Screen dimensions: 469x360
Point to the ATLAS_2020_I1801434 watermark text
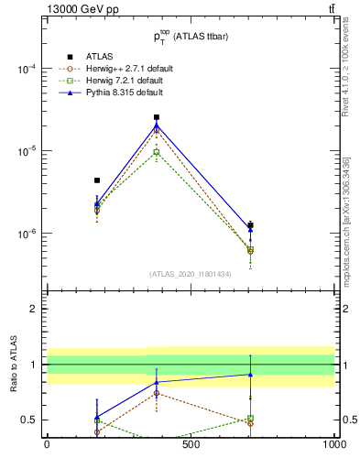point(190,273)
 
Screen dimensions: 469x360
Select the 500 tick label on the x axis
point(191,445)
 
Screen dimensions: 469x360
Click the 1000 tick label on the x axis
point(333,445)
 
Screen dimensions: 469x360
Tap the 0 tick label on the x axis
point(47,445)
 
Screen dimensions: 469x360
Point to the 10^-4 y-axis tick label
point(27,70)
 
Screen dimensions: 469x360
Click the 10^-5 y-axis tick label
point(27,151)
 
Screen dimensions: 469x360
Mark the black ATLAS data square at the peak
point(157,117)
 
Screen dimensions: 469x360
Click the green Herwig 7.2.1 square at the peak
point(157,152)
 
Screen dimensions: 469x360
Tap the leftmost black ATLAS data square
point(97,180)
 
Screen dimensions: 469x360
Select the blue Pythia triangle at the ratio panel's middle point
point(157,382)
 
